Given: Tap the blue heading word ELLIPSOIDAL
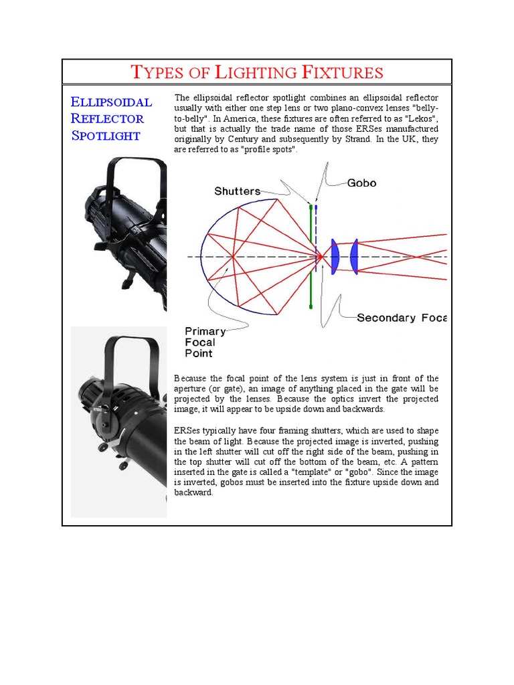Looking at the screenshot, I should (111, 102).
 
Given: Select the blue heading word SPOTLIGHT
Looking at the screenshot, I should (106, 136).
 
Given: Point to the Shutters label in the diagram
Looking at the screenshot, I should (237, 191).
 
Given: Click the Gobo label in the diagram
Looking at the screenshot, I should (361, 183).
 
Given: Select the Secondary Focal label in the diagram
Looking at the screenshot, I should (401, 318).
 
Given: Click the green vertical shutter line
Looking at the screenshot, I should (311, 281).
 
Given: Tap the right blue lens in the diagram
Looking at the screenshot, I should (355, 257).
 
